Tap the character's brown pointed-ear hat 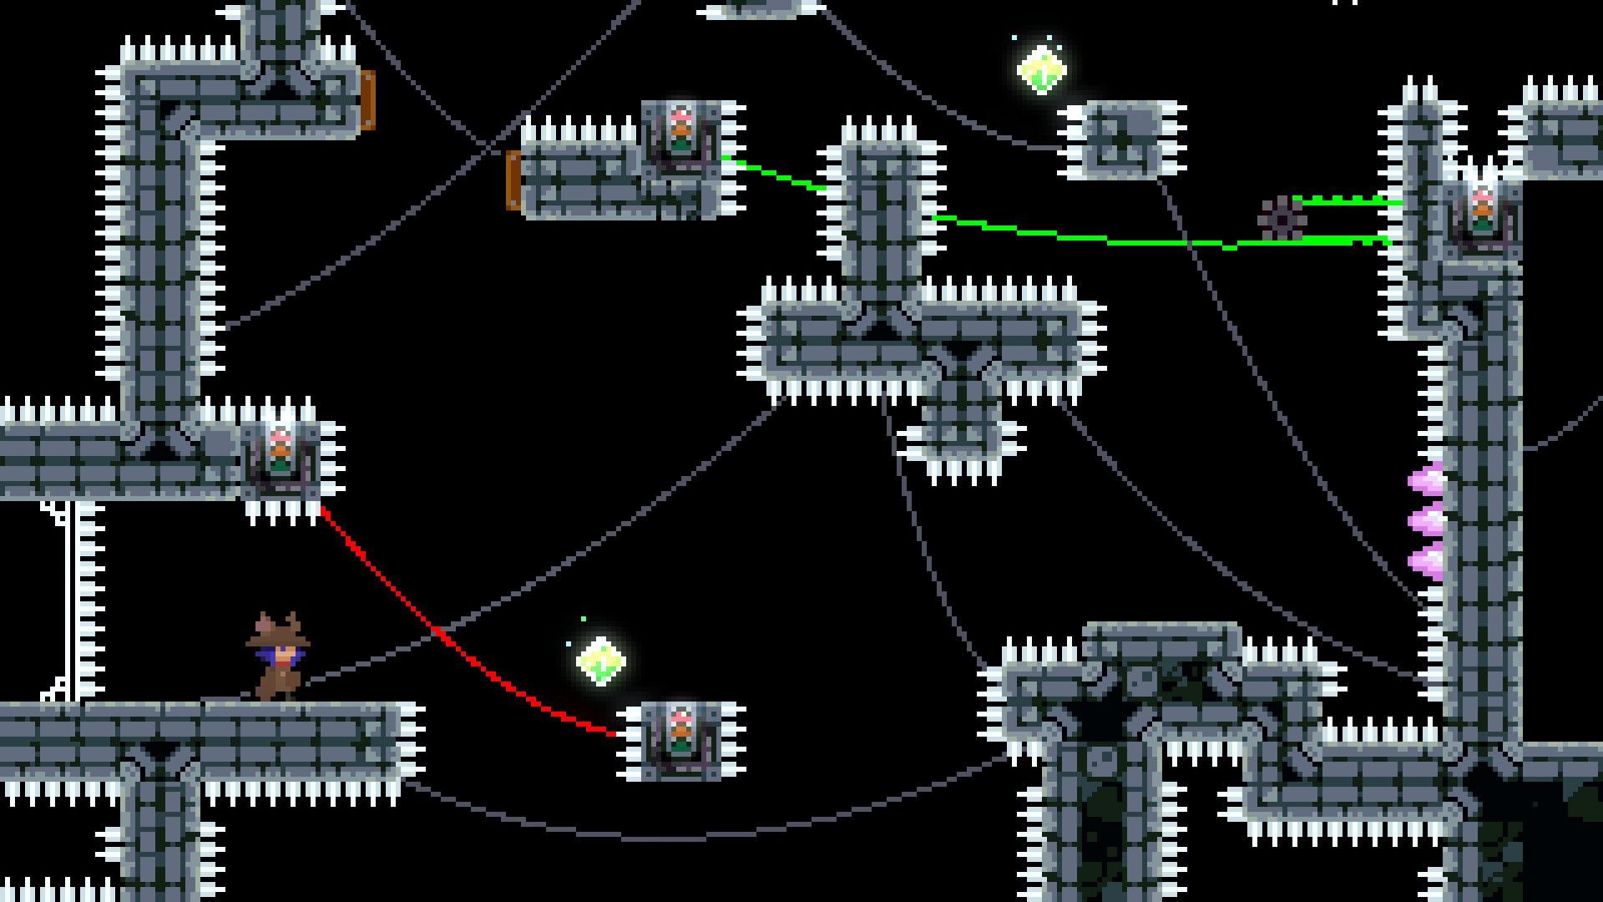pyautogui.click(x=277, y=631)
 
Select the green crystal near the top pyautogui.click(x=1041, y=68)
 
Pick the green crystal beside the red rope pyautogui.click(x=601, y=661)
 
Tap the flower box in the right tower pyautogui.click(x=1482, y=213)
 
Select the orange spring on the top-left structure pyautogui.click(x=367, y=100)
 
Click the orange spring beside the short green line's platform pyautogui.click(x=513, y=180)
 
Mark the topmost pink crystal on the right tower pyautogui.click(x=1424, y=480)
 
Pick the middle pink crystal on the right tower pyautogui.click(x=1424, y=520)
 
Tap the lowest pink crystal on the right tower pyautogui.click(x=1424, y=561)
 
